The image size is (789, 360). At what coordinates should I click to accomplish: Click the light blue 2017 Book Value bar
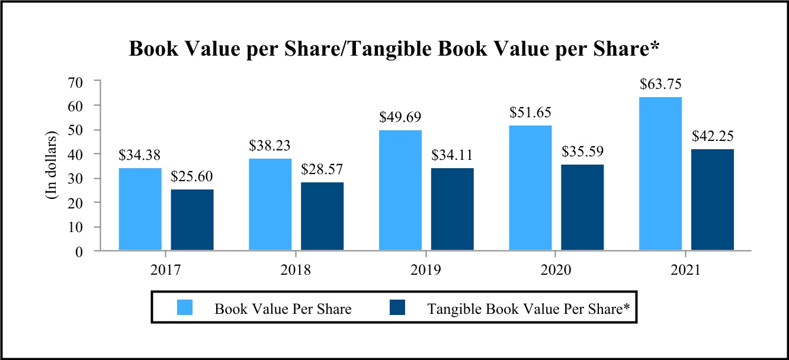(x=140, y=210)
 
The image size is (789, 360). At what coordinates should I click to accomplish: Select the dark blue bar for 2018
(x=322, y=217)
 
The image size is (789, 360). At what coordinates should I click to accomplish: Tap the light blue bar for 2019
(x=400, y=191)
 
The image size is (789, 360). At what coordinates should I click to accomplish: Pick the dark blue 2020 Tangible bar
(x=582, y=208)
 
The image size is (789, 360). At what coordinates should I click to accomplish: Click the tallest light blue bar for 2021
(x=660, y=174)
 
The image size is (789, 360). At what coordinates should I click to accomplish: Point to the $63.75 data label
(x=660, y=85)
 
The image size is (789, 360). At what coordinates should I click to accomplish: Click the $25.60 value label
(x=192, y=176)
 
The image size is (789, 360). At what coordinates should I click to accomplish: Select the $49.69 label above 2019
(x=400, y=118)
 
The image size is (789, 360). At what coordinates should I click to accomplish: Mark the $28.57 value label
(x=322, y=170)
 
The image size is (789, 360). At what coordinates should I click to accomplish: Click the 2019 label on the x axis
(x=426, y=271)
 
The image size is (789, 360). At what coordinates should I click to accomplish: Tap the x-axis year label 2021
(x=687, y=271)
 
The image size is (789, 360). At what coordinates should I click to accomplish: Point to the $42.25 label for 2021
(x=713, y=136)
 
